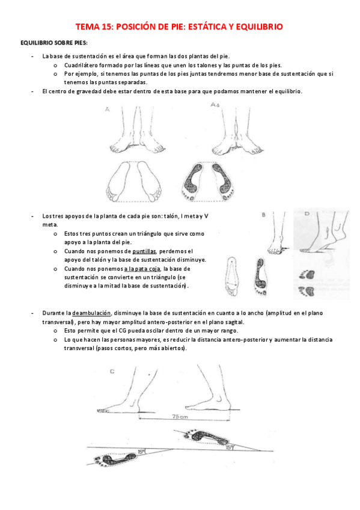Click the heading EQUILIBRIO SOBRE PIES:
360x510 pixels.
pyautogui.click(x=53, y=44)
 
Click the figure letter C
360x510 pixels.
pyautogui.click(x=112, y=371)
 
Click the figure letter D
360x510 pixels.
pyautogui.click(x=307, y=214)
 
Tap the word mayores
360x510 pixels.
pyautogui.click(x=171, y=340)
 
